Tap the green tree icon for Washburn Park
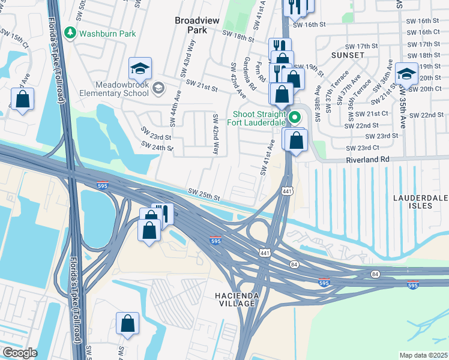71,31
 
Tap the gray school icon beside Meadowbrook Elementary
158,88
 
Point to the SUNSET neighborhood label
348,55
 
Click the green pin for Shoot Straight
294,117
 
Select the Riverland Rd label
367,160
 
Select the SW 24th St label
157,146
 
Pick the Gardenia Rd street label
250,74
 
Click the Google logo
19,353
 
